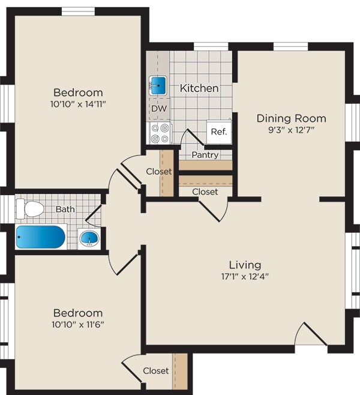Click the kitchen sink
pyautogui.click(x=158, y=85)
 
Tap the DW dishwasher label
pyautogui.click(x=159, y=109)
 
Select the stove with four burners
pyautogui.click(x=160, y=133)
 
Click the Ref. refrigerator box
pyautogui.click(x=219, y=131)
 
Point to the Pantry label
pyautogui.click(x=205, y=155)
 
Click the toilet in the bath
pyautogui.click(x=31, y=209)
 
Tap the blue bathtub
pyautogui.click(x=41, y=237)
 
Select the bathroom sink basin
pyautogui.click(x=89, y=238)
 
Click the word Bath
pyautogui.click(x=65, y=209)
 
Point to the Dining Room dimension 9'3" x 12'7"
pyautogui.click(x=291, y=130)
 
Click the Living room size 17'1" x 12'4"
pyautogui.click(x=245, y=277)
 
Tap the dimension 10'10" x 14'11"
pyautogui.click(x=78, y=104)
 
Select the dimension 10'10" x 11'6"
pyautogui.click(x=78, y=325)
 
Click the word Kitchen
pyautogui.click(x=199, y=88)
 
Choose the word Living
pyautogui.click(x=245, y=265)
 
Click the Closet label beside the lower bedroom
pyautogui.click(x=156, y=371)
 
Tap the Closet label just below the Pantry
pyautogui.click(x=205, y=192)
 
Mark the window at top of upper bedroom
pyautogui.click(x=78, y=11)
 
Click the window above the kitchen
pyautogui.click(x=211, y=47)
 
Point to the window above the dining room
pyautogui.click(x=291, y=47)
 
